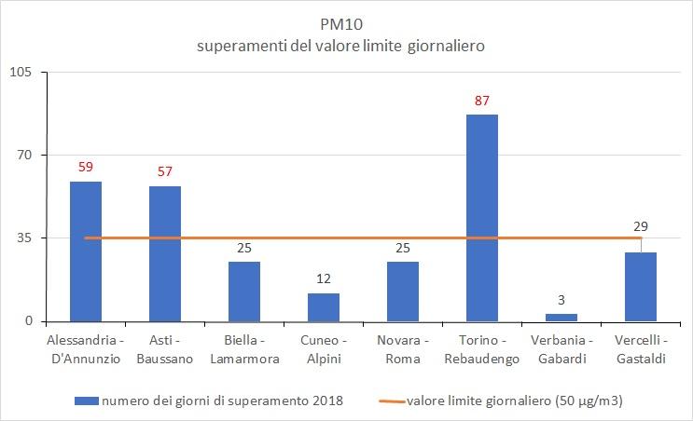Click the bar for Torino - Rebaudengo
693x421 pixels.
tap(481, 218)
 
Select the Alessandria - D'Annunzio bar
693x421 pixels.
tap(86, 251)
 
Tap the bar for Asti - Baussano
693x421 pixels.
tap(165, 253)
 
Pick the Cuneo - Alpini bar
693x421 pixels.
tap(324, 307)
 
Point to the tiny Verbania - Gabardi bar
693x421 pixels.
tap(561, 318)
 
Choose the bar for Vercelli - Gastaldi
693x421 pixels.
tap(641, 287)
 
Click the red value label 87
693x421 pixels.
tap(482, 101)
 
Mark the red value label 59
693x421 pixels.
tap(86, 168)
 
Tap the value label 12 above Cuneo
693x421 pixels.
tap(324, 279)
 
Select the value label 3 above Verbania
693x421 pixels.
tap(561, 300)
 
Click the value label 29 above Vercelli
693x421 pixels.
tap(641, 225)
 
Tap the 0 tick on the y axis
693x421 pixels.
tap(28, 321)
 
